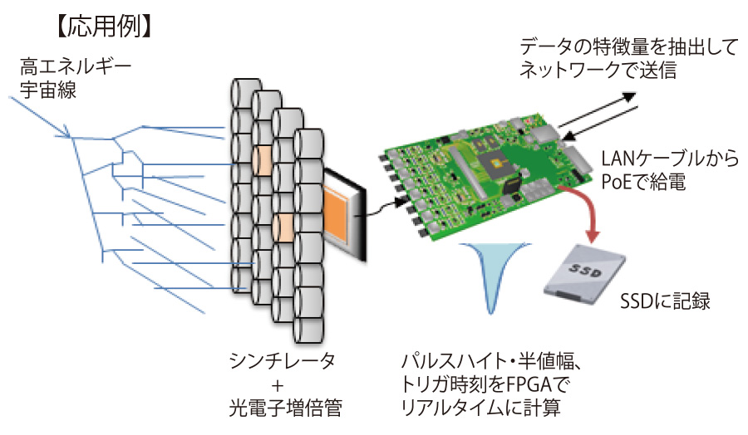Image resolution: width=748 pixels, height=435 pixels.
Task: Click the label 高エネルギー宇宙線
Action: coord(75,76)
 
